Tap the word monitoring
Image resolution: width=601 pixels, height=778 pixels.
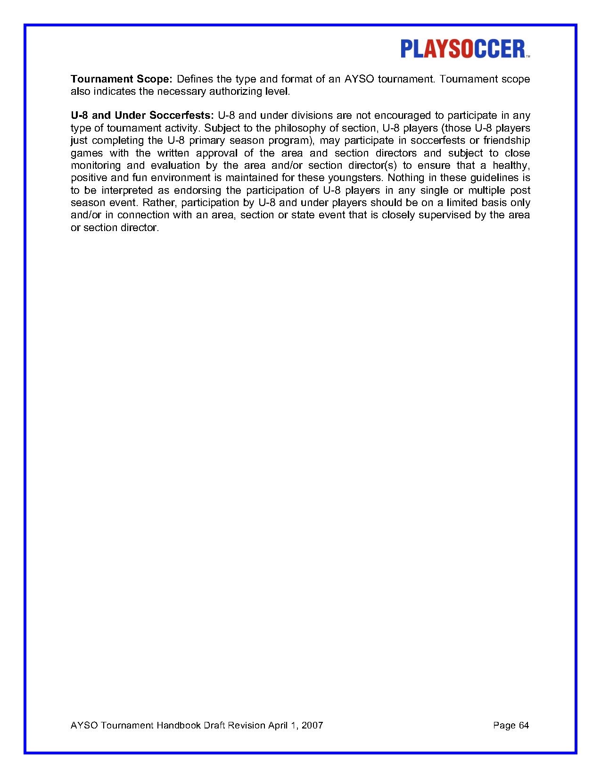(95, 166)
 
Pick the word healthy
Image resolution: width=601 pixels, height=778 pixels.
(511, 166)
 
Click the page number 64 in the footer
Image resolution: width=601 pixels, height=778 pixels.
(524, 725)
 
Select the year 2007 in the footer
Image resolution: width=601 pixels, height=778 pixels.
(312, 725)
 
